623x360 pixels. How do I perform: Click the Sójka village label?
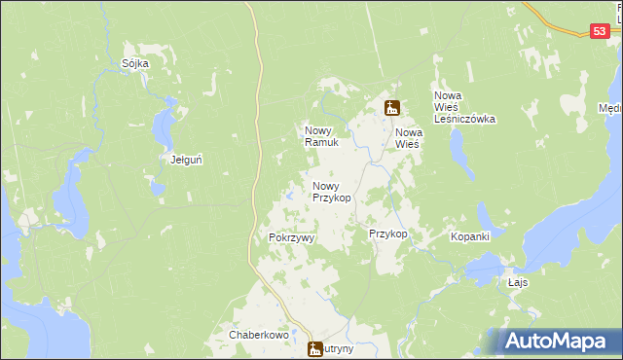click(135, 64)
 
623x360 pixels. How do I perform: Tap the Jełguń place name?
click(186, 160)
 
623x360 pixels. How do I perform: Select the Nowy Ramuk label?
click(320, 136)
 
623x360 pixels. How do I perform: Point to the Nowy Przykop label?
click(331, 191)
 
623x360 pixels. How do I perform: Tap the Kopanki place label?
click(469, 236)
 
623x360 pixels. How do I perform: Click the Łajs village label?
click(518, 282)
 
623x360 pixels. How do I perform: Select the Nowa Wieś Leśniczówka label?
click(464, 107)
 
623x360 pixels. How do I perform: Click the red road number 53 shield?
click(601, 32)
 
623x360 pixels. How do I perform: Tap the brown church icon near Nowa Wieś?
click(391, 108)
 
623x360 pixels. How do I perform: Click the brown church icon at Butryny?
click(315, 349)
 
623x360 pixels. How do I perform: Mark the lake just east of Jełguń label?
click(166, 123)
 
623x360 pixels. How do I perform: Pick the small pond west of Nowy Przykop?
click(290, 198)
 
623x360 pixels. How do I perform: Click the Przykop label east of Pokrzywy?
click(387, 234)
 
